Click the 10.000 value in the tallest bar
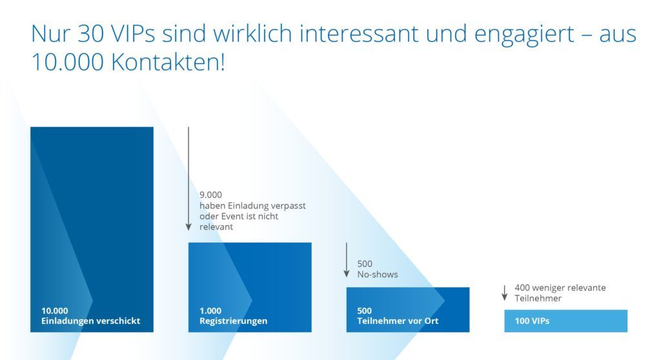(54, 310)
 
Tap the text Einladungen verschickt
(90, 321)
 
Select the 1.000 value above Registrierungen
(210, 310)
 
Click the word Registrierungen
(234, 321)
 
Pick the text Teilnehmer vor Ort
(397, 321)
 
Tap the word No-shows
(378, 274)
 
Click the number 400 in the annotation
(523, 288)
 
